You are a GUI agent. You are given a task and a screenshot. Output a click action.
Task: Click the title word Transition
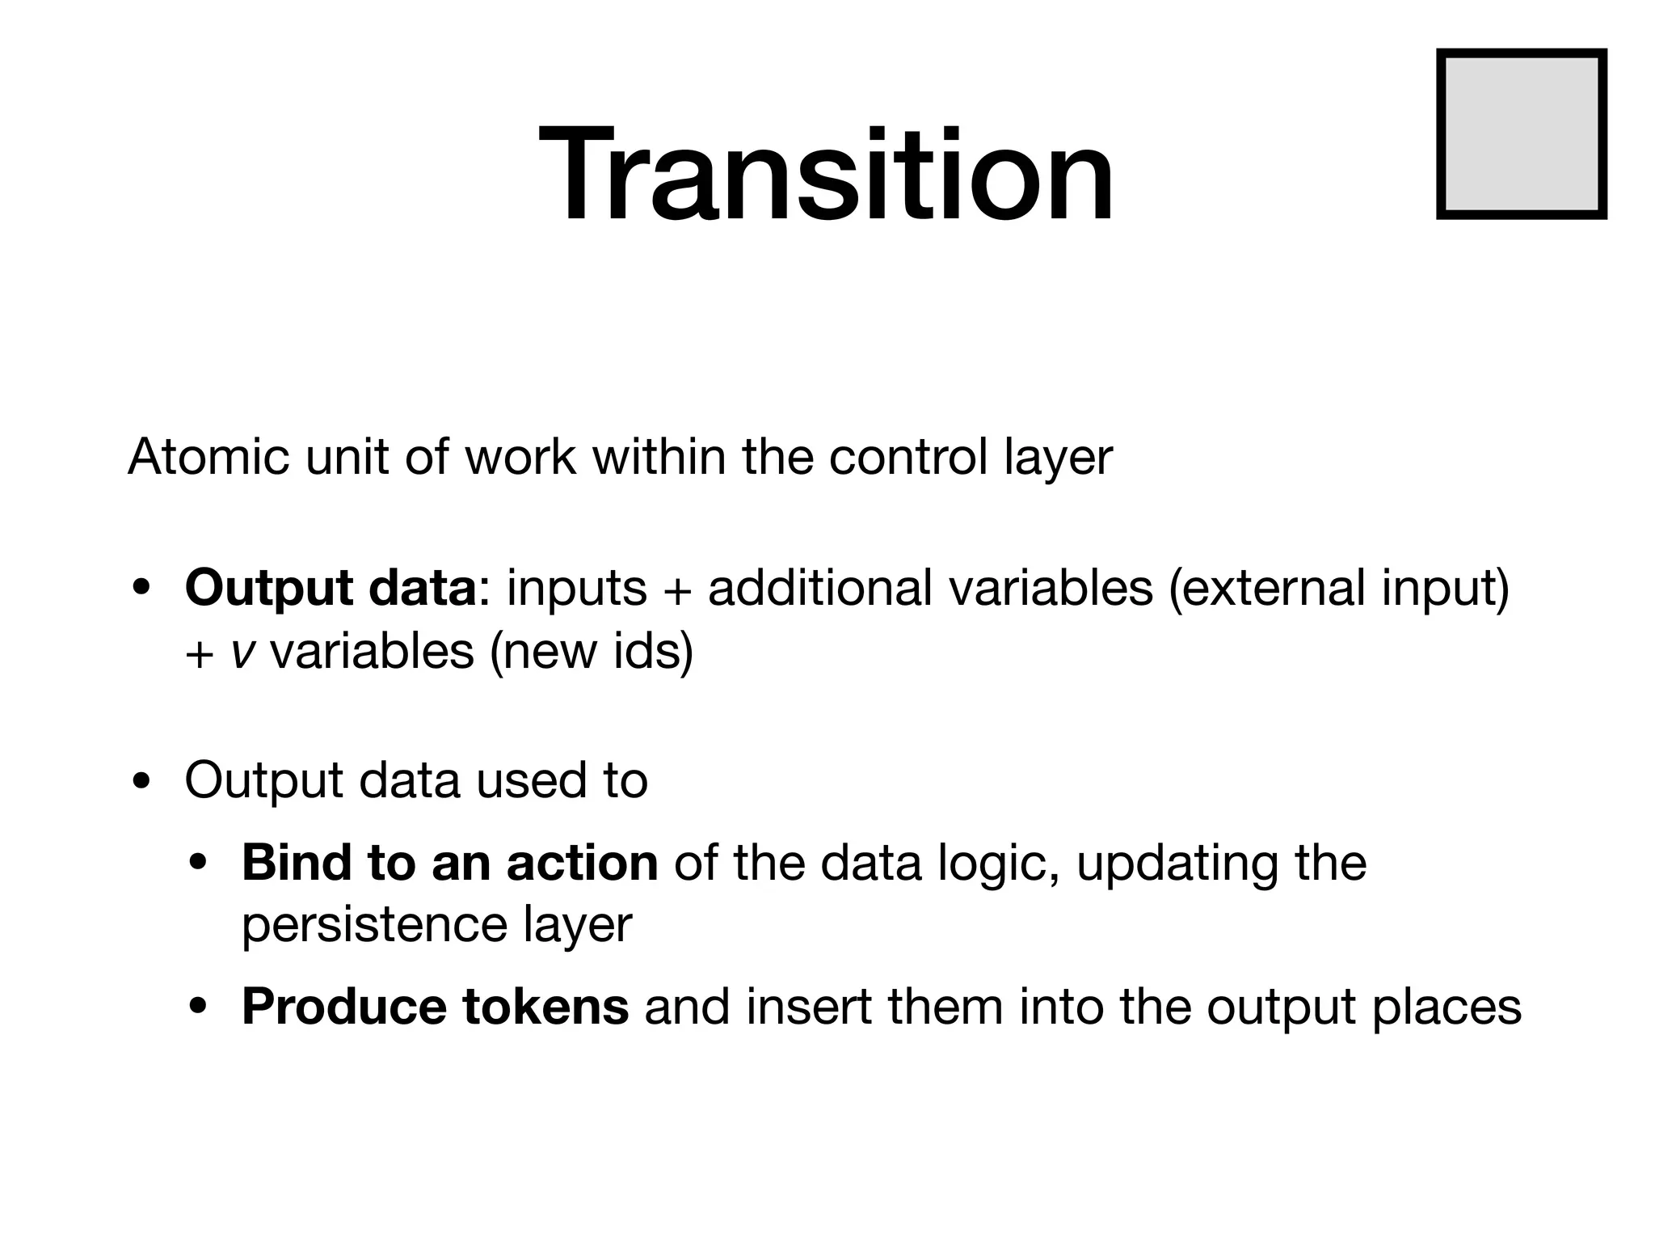(826, 173)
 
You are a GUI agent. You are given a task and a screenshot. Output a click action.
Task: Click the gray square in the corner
(1521, 134)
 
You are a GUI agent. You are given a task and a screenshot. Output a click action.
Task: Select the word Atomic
(208, 457)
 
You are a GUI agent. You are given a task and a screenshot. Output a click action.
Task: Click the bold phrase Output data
(331, 587)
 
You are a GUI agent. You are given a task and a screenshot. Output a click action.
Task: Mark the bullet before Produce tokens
(199, 1008)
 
